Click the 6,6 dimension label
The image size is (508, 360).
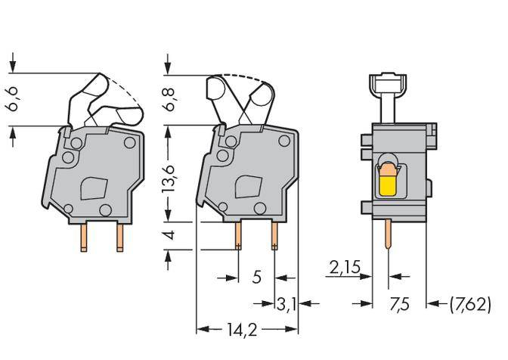pyautogui.click(x=14, y=98)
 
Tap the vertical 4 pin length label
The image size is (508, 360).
pyautogui.click(x=170, y=235)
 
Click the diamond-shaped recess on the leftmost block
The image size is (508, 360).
pyautogui.click(x=94, y=186)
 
